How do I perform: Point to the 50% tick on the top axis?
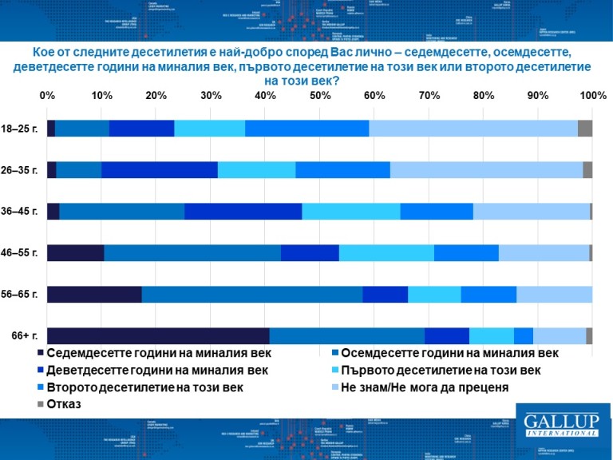pos(320,96)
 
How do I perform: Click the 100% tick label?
pos(592,96)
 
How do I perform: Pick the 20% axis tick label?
pos(156,96)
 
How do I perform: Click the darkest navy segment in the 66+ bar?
pos(158,336)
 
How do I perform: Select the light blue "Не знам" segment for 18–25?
pos(473,129)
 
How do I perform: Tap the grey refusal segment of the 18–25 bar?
pos(584,129)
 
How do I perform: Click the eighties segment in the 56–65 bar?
pos(251,295)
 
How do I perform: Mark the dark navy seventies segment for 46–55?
pos(75,253)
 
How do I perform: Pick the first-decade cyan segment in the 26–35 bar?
pos(256,170)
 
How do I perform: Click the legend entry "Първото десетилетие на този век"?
pos(440,371)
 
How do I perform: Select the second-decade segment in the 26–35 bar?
pos(342,170)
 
